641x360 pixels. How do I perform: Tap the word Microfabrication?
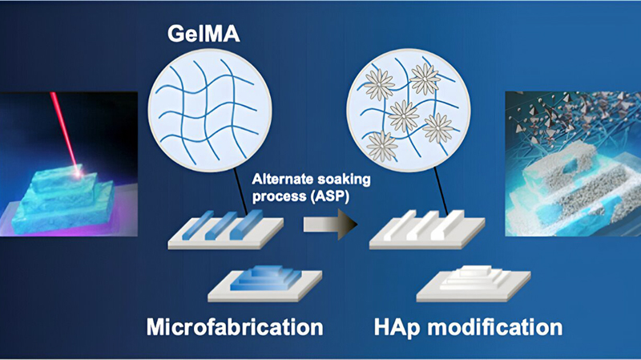click(235, 327)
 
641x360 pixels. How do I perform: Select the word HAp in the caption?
click(394, 327)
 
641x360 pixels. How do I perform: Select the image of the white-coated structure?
click(572, 164)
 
